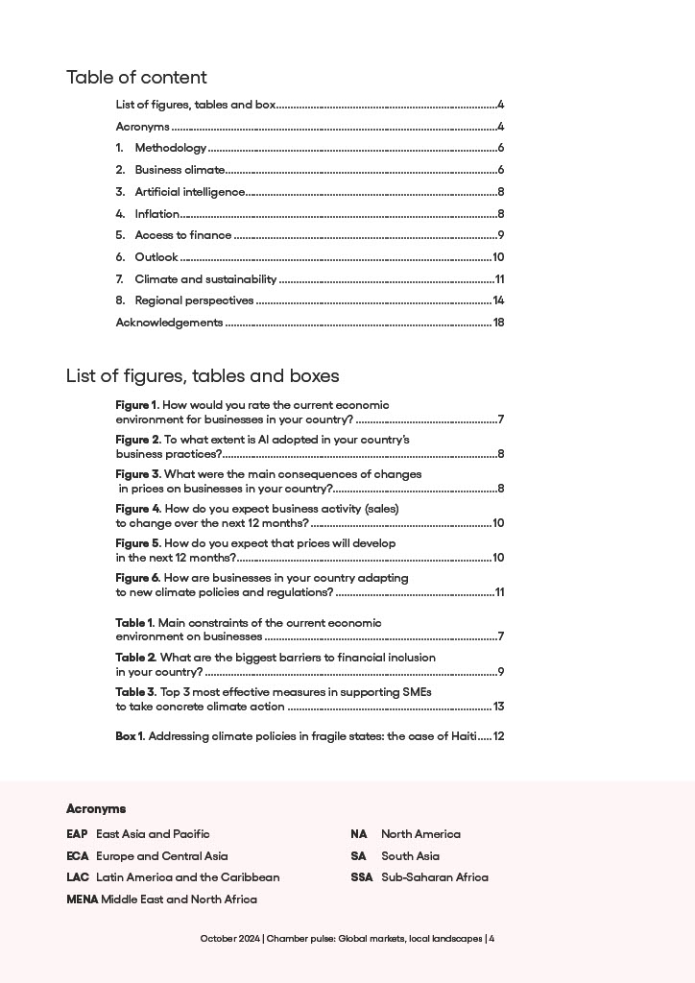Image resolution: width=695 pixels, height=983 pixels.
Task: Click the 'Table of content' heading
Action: click(136, 78)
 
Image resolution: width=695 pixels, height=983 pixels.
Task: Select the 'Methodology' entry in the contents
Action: click(170, 148)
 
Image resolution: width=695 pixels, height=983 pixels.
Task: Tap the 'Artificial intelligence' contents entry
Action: click(189, 192)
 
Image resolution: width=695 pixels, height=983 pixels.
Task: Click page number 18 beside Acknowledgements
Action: click(498, 323)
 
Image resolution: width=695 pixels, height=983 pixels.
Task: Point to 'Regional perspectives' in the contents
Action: click(194, 300)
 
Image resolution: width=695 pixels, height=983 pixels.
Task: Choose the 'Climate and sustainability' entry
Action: click(205, 279)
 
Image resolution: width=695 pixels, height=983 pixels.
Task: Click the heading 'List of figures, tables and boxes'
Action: click(203, 375)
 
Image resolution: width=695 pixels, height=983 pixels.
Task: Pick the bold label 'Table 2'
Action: click(135, 658)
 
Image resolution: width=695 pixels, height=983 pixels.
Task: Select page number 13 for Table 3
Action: click(498, 707)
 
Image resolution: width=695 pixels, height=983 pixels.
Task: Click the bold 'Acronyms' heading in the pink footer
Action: click(96, 809)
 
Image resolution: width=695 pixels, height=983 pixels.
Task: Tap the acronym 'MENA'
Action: click(82, 899)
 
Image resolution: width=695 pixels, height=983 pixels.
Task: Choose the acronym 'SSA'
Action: click(362, 877)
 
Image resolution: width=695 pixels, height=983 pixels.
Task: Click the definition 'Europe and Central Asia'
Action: click(161, 855)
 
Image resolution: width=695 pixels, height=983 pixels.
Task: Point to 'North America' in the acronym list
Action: click(420, 834)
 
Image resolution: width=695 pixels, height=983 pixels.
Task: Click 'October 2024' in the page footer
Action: click(229, 939)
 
